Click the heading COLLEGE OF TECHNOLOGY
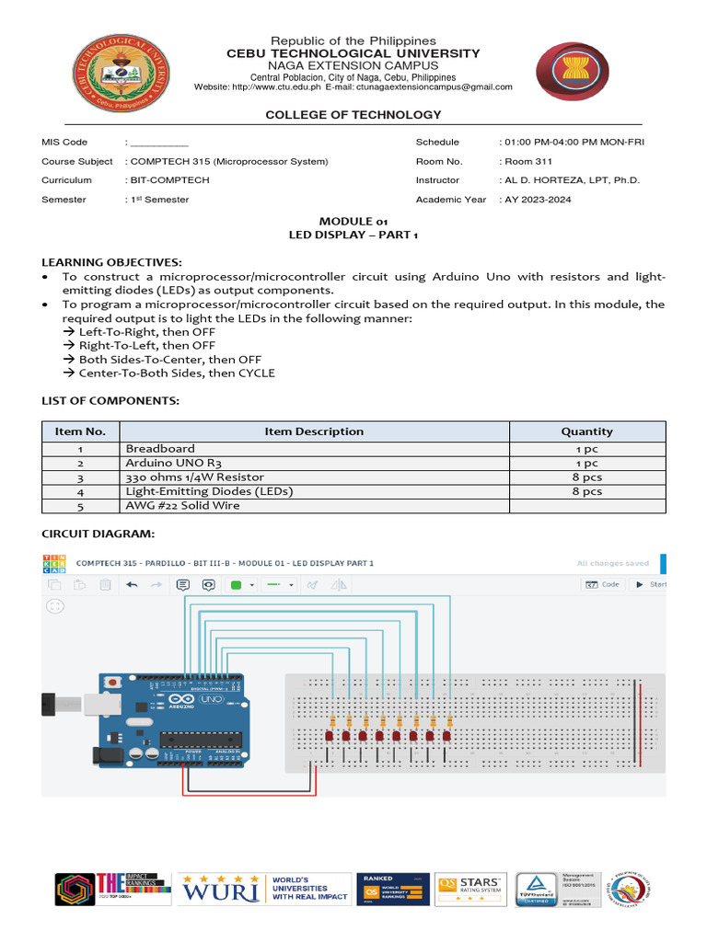coord(353,115)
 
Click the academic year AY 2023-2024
coord(537,200)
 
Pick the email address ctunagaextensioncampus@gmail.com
coord(438,86)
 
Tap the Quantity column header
coord(586,431)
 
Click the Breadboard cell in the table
coord(160,448)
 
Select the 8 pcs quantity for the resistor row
coord(586,477)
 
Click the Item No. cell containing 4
coord(81,491)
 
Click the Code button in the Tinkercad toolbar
coord(604,584)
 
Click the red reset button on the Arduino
coord(112,683)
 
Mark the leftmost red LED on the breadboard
coord(329,737)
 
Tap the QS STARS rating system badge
coord(469,888)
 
